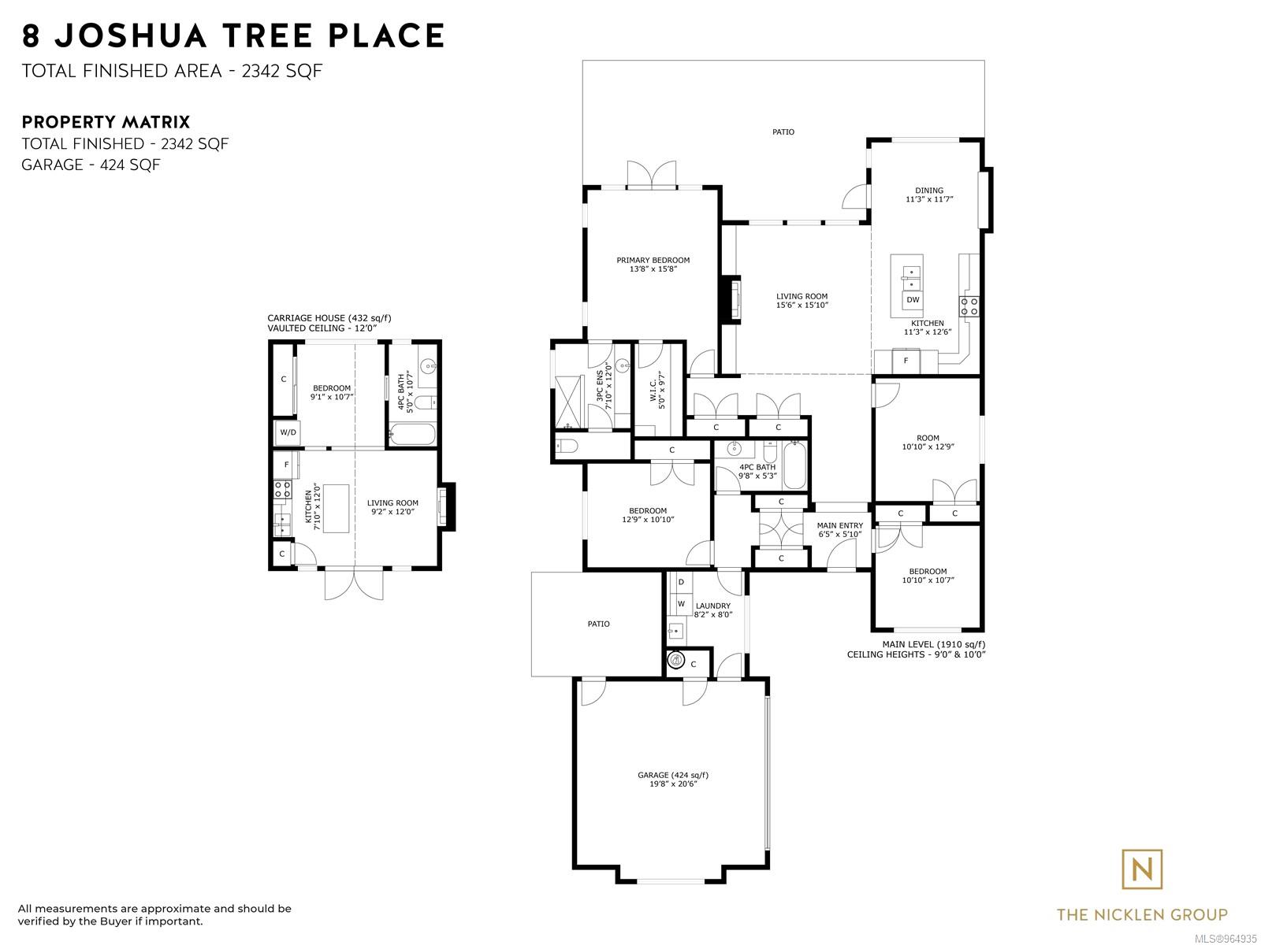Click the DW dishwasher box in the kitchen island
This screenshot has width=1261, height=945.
tap(913, 299)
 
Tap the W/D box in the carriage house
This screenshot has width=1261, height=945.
tap(288, 432)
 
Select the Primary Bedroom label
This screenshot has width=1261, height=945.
tap(653, 264)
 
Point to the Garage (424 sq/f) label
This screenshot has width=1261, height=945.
tap(673, 779)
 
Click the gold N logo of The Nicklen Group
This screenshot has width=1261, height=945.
tap(1141, 870)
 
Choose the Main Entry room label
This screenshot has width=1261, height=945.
tap(839, 529)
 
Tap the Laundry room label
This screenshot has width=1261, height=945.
tap(713, 610)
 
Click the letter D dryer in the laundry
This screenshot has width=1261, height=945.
tap(682, 582)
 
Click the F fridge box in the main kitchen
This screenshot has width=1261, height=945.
tap(906, 361)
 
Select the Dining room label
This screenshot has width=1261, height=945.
tap(929, 195)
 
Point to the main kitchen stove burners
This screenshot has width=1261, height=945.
tap(969, 306)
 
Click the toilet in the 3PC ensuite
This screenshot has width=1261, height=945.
tap(567, 446)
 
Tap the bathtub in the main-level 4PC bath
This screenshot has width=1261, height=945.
tap(794, 465)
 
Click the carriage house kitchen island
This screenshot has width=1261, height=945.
tap(336, 509)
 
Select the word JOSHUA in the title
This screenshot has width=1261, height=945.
tap(131, 35)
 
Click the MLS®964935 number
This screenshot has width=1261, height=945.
tap(1226, 939)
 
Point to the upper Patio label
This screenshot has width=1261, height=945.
tap(783, 132)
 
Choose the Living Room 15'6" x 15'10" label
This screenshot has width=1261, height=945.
tap(802, 301)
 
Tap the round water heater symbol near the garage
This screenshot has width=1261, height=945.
tap(676, 661)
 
